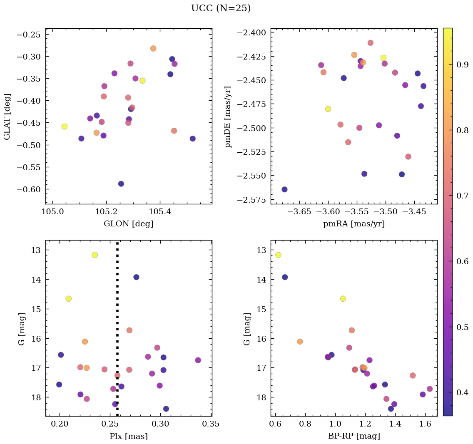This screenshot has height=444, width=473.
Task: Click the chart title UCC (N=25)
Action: (x=221, y=8)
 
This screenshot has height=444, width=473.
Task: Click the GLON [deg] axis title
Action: (x=128, y=224)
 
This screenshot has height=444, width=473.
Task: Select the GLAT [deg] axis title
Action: (x=7, y=117)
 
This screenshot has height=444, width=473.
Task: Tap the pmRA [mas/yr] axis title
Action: (x=354, y=224)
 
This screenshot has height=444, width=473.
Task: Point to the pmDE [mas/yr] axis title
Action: (x=228, y=117)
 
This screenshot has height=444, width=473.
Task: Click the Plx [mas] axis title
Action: (x=128, y=436)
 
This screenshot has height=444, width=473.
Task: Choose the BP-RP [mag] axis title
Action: (x=354, y=436)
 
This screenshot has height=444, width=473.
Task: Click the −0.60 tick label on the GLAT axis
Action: (x=28, y=189)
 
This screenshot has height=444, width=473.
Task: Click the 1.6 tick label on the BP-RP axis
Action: (x=425, y=424)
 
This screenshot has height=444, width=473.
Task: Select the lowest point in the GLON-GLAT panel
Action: (x=121, y=184)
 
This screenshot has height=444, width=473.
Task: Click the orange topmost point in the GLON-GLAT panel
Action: (x=153, y=49)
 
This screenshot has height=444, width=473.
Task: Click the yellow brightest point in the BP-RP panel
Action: (x=278, y=255)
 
